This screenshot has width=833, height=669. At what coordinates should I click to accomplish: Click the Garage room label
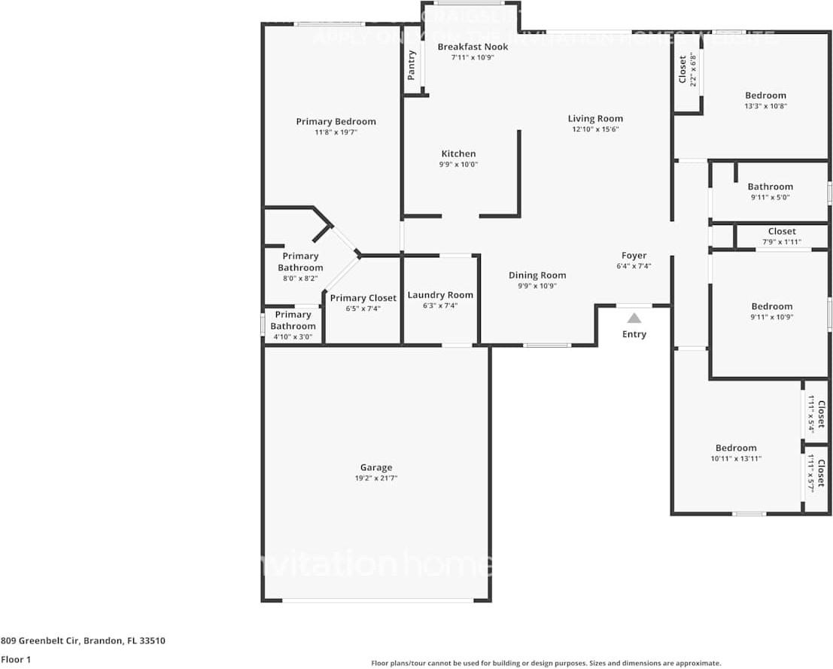point(375,467)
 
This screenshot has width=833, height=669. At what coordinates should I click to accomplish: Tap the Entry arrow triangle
point(634,318)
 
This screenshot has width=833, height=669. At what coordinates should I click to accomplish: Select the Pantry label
point(412,65)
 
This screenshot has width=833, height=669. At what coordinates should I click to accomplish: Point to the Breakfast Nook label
point(473,47)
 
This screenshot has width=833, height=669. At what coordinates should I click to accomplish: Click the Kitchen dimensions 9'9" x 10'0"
point(458,165)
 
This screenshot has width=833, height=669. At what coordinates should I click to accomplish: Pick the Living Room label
point(595,118)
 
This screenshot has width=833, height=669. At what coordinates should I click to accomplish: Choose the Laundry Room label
point(440,295)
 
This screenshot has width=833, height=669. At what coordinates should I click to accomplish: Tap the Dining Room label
point(537,275)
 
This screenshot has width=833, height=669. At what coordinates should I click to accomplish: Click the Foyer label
point(634,256)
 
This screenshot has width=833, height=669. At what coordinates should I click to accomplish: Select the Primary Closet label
point(363,298)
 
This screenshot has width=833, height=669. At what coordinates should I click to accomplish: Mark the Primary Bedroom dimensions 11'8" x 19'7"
point(336,132)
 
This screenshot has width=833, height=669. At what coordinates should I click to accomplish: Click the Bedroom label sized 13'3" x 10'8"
point(765,96)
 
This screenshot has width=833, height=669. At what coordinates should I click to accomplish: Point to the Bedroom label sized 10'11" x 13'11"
point(735,448)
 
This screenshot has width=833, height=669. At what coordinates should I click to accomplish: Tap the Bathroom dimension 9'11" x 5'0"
point(770,197)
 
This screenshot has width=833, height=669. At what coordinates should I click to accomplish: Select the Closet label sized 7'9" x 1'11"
point(782,232)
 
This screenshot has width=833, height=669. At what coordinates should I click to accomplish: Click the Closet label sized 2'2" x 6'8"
point(683,69)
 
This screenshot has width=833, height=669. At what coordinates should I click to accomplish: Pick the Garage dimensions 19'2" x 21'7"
point(375,478)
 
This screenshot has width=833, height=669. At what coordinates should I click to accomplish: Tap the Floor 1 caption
point(17,660)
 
